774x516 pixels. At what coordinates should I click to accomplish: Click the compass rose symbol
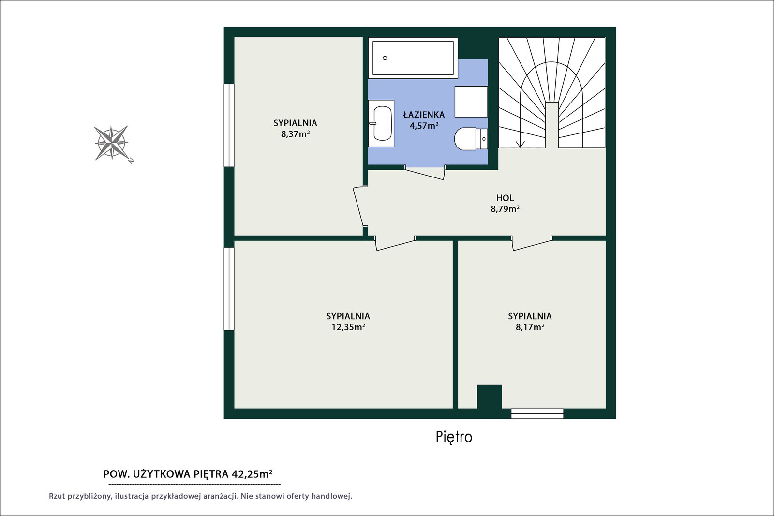click(112, 143)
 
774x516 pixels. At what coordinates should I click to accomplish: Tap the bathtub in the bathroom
click(413, 58)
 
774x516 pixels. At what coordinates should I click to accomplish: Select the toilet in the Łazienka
click(471, 139)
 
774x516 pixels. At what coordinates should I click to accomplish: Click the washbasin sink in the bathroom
click(381, 123)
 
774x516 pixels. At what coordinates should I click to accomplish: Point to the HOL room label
click(505, 198)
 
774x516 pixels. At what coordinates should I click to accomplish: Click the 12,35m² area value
click(348, 327)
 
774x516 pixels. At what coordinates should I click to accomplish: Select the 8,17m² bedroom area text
click(530, 327)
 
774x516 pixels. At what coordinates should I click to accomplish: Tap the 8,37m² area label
click(295, 134)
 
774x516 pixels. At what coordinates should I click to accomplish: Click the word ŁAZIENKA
click(424, 115)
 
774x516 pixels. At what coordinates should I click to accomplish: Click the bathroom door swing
click(425, 172)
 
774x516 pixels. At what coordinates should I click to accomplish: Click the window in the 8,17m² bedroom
click(537, 413)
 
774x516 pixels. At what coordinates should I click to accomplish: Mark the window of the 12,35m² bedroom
click(229, 289)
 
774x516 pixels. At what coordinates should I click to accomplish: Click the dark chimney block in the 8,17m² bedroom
click(489, 397)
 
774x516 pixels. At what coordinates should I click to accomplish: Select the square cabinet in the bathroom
click(471, 102)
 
